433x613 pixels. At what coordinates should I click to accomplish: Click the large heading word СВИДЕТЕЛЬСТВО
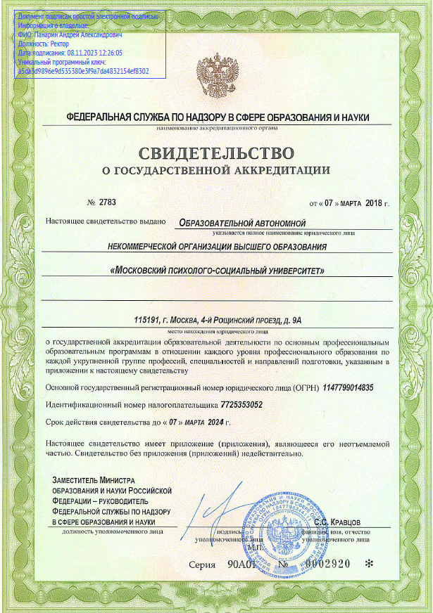(216, 153)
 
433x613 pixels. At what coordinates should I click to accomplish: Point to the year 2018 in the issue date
(374, 203)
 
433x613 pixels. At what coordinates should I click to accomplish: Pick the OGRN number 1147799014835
(349, 387)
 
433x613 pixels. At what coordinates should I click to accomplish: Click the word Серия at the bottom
(202, 564)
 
